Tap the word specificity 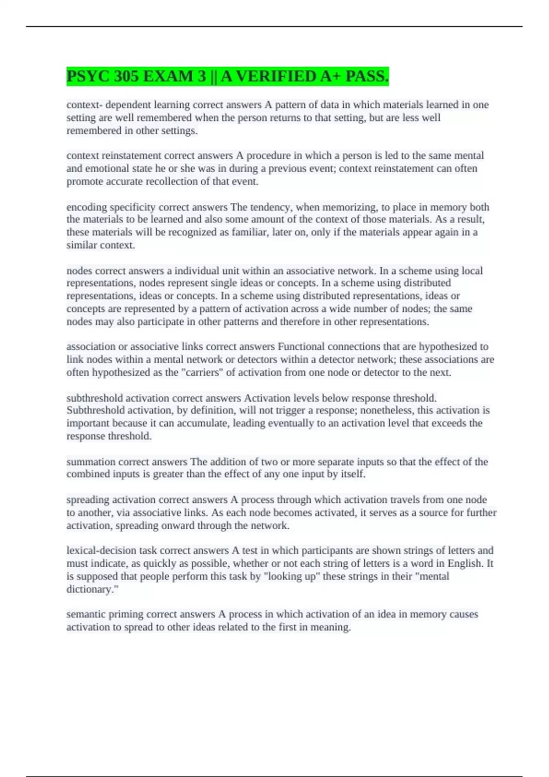[x=133, y=207]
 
